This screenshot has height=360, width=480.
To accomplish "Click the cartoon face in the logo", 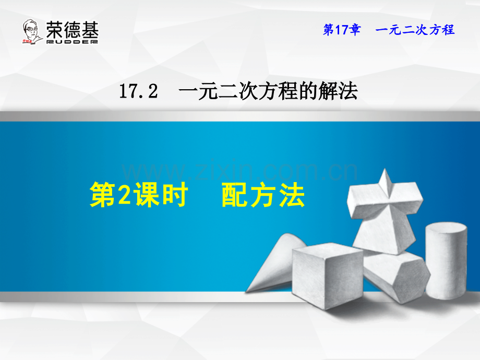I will coord(32,31).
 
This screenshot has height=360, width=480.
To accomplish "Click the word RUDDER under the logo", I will coord(72,41).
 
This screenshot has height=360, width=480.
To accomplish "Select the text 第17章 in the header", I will coord(341,30).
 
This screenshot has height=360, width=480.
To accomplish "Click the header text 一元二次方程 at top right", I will coord(415,30).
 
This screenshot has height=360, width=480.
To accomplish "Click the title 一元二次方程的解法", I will coord(268,92).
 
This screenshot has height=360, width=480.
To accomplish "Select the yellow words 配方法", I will coord(262,196).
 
